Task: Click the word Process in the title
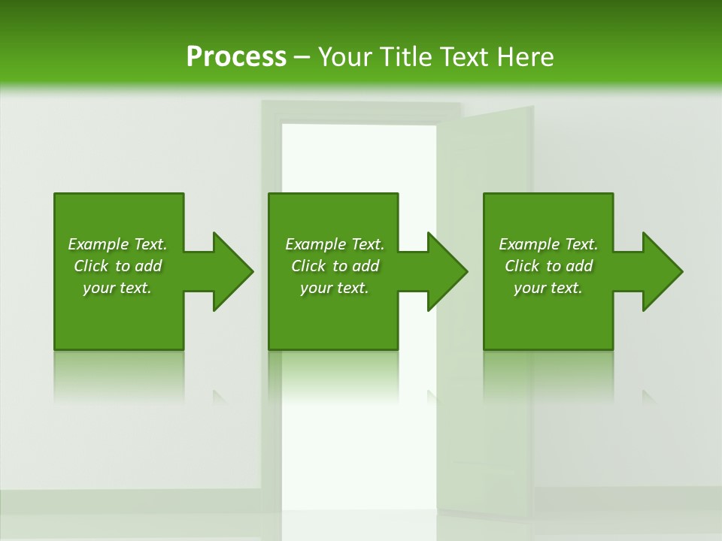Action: pos(236,57)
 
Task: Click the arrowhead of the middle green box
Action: pos(447,271)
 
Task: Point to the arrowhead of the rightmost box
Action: pos(662,271)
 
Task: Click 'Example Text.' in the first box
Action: pos(117,244)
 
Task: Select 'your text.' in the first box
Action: pos(117,288)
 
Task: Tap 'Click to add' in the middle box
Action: pos(335,266)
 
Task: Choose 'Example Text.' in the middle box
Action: pos(335,244)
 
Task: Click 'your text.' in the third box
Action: pos(548,288)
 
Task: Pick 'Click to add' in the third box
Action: pos(548,266)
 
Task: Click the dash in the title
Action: pos(302,57)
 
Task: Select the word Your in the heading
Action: pos(345,57)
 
